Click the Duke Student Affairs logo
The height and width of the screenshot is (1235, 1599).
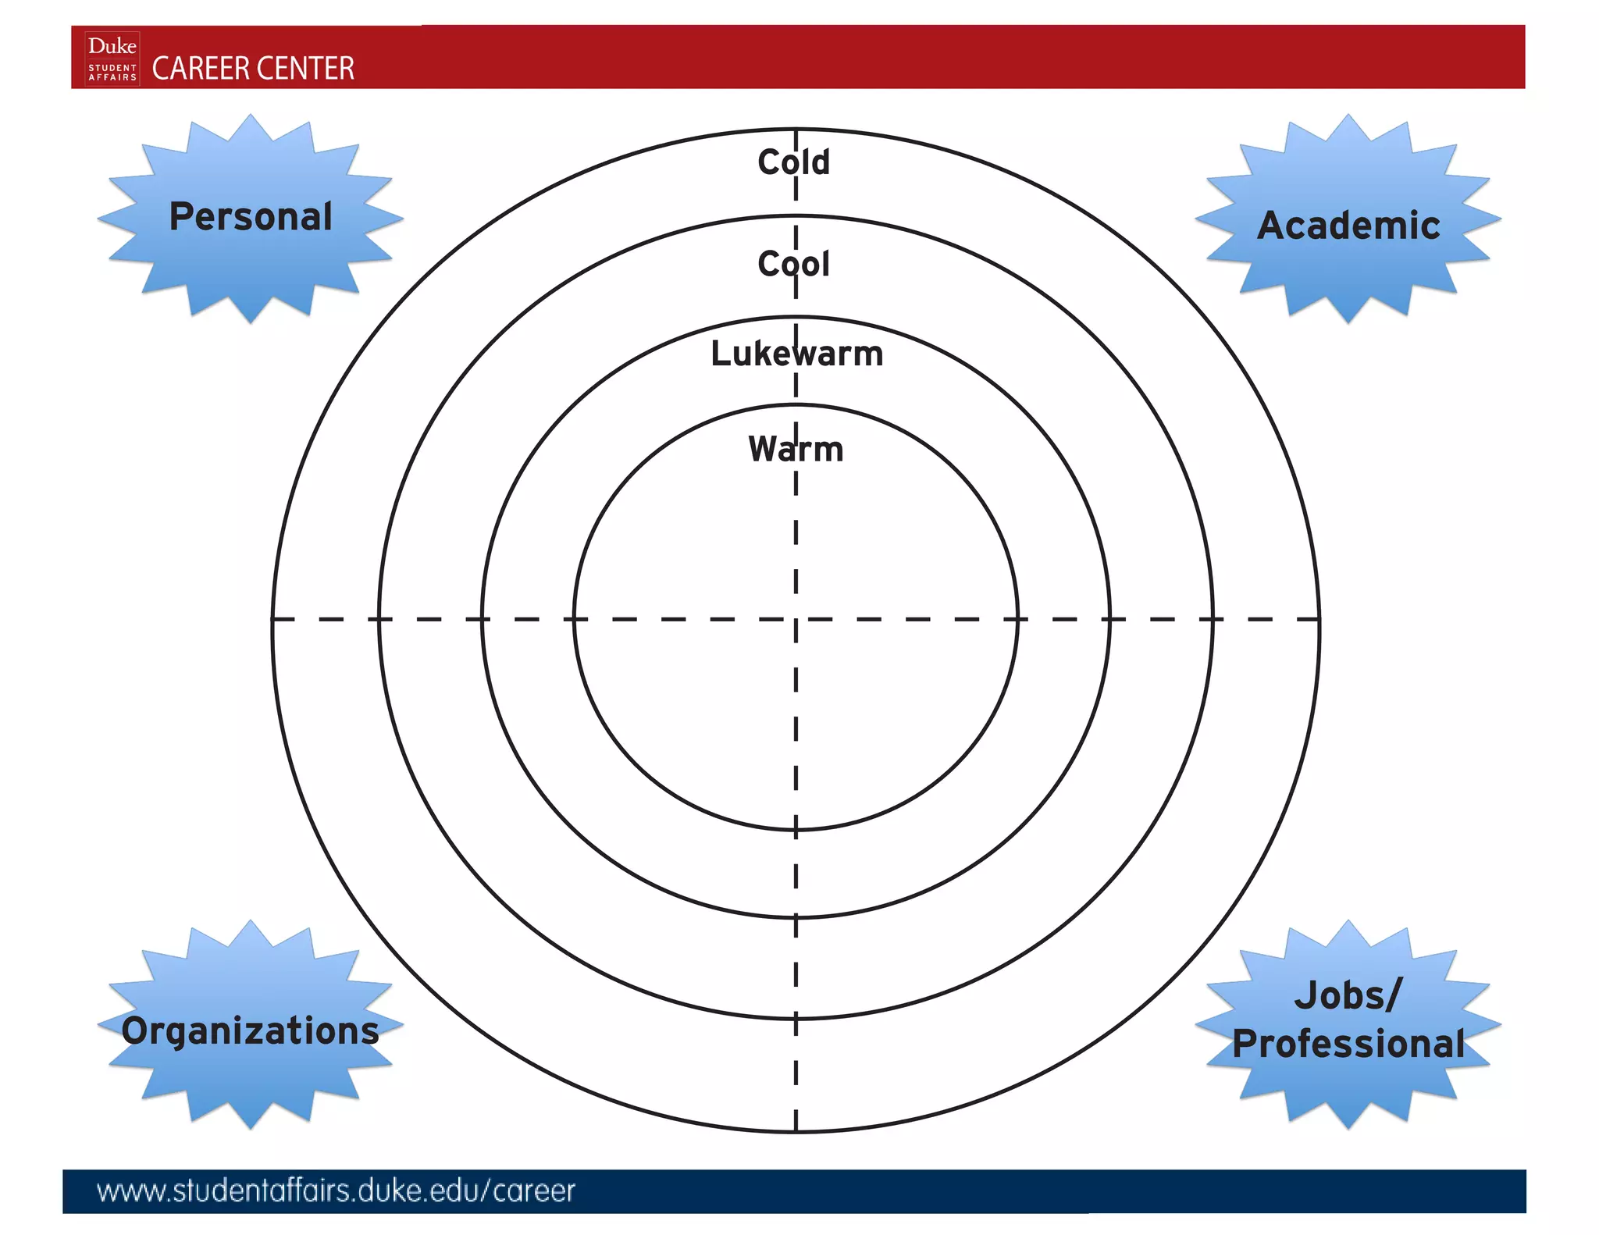(x=112, y=59)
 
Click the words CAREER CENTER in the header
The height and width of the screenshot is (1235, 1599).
(x=253, y=69)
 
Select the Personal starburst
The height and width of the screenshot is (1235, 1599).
(x=250, y=218)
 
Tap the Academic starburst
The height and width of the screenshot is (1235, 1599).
(x=1348, y=222)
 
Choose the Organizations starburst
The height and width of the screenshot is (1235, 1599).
(x=250, y=1027)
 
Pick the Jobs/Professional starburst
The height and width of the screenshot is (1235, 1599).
(x=1348, y=1023)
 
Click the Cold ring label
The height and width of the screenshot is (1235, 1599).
(x=794, y=162)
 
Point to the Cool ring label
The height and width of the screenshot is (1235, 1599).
(x=793, y=264)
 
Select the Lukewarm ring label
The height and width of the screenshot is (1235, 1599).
(x=796, y=354)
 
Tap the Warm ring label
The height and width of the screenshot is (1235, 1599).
(x=796, y=449)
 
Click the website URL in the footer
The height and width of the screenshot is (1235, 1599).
(x=336, y=1191)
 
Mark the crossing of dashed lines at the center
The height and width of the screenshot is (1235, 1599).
(x=796, y=619)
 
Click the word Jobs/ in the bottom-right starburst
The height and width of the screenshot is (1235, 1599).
(x=1348, y=995)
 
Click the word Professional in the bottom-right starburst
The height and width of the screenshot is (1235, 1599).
(x=1348, y=1044)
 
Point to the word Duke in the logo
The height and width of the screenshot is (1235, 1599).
(x=112, y=46)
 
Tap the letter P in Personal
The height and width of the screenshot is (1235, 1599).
(x=181, y=216)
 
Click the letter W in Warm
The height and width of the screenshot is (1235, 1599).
(x=763, y=449)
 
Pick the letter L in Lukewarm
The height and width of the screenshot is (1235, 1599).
(x=719, y=354)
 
